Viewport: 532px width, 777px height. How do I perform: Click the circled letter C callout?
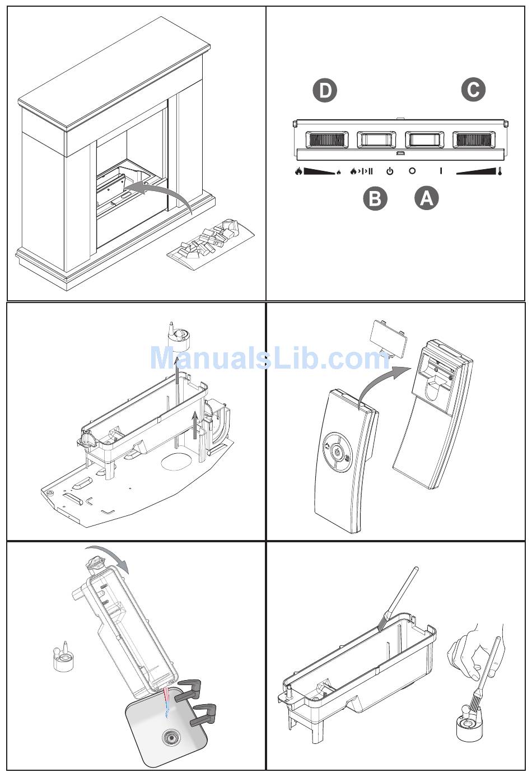[473, 90]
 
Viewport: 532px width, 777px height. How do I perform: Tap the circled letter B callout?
[375, 199]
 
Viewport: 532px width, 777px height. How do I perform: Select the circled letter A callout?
[427, 199]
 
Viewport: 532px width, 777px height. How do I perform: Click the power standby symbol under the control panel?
[390, 171]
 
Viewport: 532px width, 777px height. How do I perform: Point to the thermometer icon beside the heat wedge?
[500, 171]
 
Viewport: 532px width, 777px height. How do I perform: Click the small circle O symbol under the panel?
[412, 171]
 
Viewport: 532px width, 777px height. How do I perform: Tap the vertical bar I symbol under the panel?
[441, 171]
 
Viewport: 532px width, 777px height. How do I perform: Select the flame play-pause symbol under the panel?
[361, 171]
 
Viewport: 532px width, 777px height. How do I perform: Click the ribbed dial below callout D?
[326, 139]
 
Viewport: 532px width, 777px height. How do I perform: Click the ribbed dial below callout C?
[474, 139]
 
